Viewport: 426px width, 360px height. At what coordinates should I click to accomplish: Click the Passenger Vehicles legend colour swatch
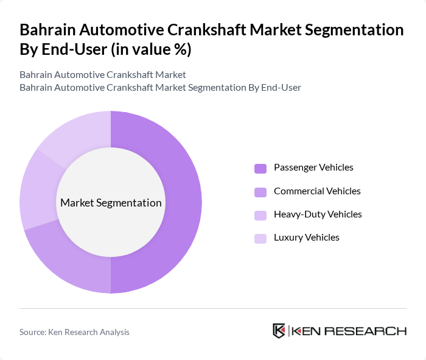coord(260,168)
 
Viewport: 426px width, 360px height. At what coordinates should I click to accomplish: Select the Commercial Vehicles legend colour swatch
coord(260,192)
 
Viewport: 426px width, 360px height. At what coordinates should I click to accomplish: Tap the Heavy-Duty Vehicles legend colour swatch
coord(260,215)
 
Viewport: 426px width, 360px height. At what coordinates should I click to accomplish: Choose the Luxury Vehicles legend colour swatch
coord(260,238)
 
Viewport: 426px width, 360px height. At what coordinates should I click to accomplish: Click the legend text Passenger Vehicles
coord(313,168)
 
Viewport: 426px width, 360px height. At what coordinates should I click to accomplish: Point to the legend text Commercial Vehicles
coord(317,191)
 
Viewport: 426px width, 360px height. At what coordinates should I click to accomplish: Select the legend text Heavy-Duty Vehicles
coord(318,214)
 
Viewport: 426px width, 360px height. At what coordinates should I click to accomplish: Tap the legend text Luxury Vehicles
coord(307,238)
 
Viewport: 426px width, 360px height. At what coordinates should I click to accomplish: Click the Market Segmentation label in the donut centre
coord(111,203)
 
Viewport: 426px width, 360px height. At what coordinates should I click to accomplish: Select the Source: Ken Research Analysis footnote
coord(74,332)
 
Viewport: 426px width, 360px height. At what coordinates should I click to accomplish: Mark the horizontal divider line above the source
coord(213,308)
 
